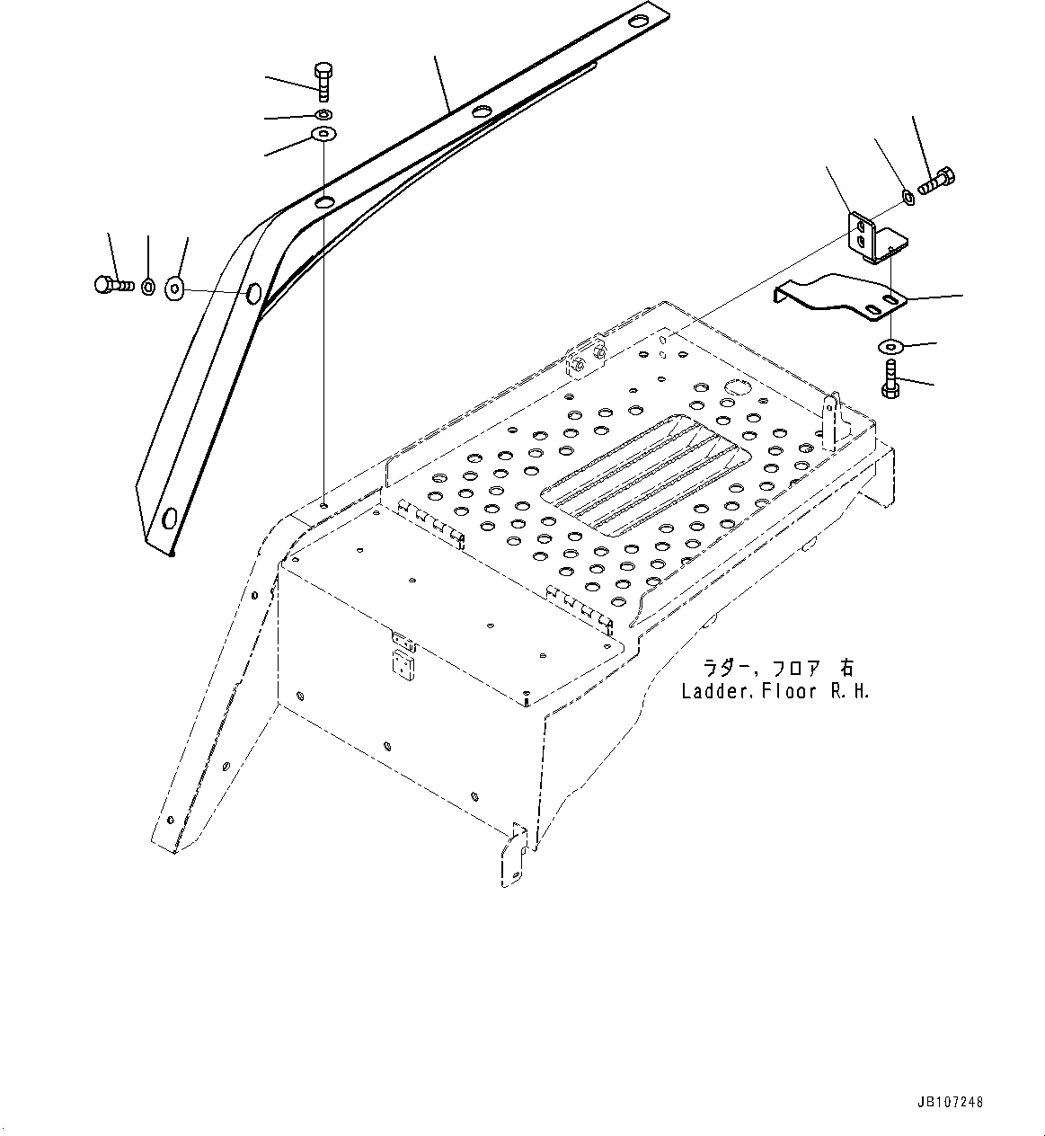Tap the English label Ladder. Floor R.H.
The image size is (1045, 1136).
[775, 691]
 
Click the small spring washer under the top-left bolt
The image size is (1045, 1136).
[323, 115]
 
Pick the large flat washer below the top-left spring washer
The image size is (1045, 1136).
[323, 136]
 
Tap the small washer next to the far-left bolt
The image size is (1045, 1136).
[149, 287]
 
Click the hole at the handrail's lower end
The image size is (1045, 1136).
[168, 519]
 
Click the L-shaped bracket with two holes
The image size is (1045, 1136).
[871, 236]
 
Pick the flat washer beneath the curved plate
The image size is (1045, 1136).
[891, 347]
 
